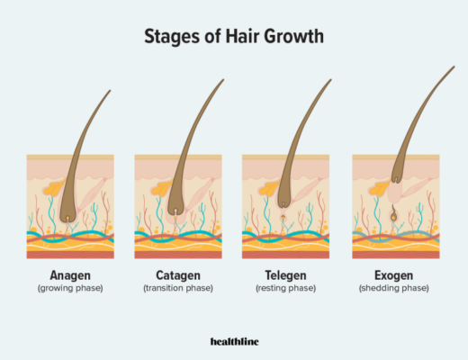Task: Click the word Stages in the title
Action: pyautogui.click(x=172, y=37)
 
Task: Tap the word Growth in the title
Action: pyautogui.click(x=294, y=36)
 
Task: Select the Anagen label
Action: pyautogui.click(x=70, y=275)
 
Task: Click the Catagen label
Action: pyautogui.click(x=178, y=275)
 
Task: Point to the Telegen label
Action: pyautogui.click(x=285, y=275)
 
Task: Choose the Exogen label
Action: pyautogui.click(x=394, y=275)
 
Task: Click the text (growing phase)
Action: pyautogui.click(x=70, y=288)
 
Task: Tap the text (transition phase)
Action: pyautogui.click(x=178, y=288)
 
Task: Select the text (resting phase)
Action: pyautogui.click(x=285, y=288)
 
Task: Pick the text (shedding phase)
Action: pyautogui.click(x=394, y=288)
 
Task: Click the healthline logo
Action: pyautogui.click(x=234, y=342)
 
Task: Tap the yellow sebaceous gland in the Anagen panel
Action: pyautogui.click(x=55, y=188)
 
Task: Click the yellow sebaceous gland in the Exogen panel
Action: pyautogui.click(x=380, y=188)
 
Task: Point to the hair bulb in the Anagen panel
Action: pyautogui.click(x=67, y=215)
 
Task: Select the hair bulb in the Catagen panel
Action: pyautogui.click(x=175, y=207)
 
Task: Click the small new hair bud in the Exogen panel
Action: pyautogui.click(x=393, y=214)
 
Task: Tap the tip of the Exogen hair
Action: pyautogui.click(x=454, y=67)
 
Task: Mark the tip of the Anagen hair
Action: pyautogui.click(x=110, y=91)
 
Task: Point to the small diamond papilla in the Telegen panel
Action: pyautogui.click(x=283, y=217)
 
